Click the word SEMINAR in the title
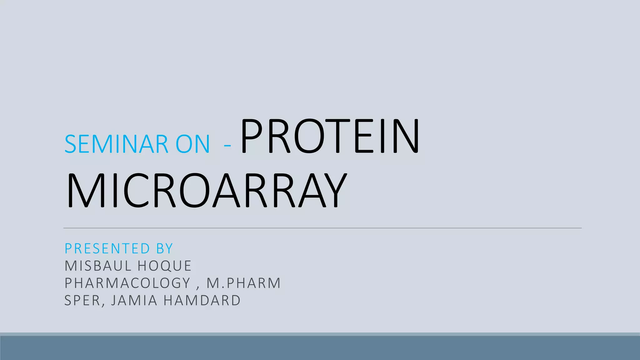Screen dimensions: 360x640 (117, 144)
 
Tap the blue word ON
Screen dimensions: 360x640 (192, 144)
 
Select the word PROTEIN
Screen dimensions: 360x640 (330, 136)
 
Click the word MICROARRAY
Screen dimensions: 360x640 (207, 190)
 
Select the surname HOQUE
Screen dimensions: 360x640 (164, 266)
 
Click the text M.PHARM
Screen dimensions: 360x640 (244, 283)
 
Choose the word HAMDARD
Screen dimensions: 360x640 (202, 300)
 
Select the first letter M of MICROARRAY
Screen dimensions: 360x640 (83, 190)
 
